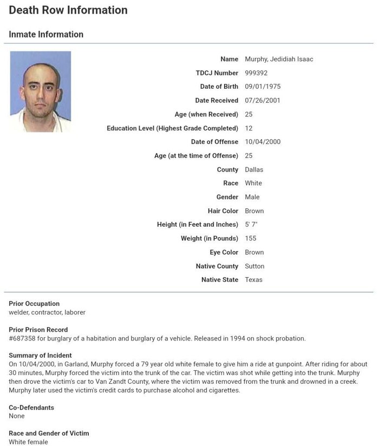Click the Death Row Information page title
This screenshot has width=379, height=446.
tap(68, 10)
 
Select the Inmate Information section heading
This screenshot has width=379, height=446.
tap(46, 34)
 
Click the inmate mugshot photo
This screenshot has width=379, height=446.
tap(40, 91)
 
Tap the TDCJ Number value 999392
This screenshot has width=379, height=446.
tap(256, 73)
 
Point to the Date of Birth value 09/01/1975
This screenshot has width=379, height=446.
tap(263, 87)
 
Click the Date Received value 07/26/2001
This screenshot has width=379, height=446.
tap(263, 101)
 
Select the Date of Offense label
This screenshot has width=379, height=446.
tap(214, 142)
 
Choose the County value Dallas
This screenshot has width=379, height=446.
tap(254, 169)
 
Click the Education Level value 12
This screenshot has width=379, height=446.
tap(249, 128)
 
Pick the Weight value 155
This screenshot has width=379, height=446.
tap(251, 238)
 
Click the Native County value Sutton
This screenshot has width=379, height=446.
tap(254, 266)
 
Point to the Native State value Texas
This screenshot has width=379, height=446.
tap(253, 280)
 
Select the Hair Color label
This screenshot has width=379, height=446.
tap(223, 211)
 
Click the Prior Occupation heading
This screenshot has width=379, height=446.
tap(34, 304)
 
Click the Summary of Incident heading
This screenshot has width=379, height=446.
tap(40, 356)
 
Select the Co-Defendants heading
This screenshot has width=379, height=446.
tap(31, 408)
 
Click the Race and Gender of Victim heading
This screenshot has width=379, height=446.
tap(49, 433)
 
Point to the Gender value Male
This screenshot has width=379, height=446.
tap(252, 197)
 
